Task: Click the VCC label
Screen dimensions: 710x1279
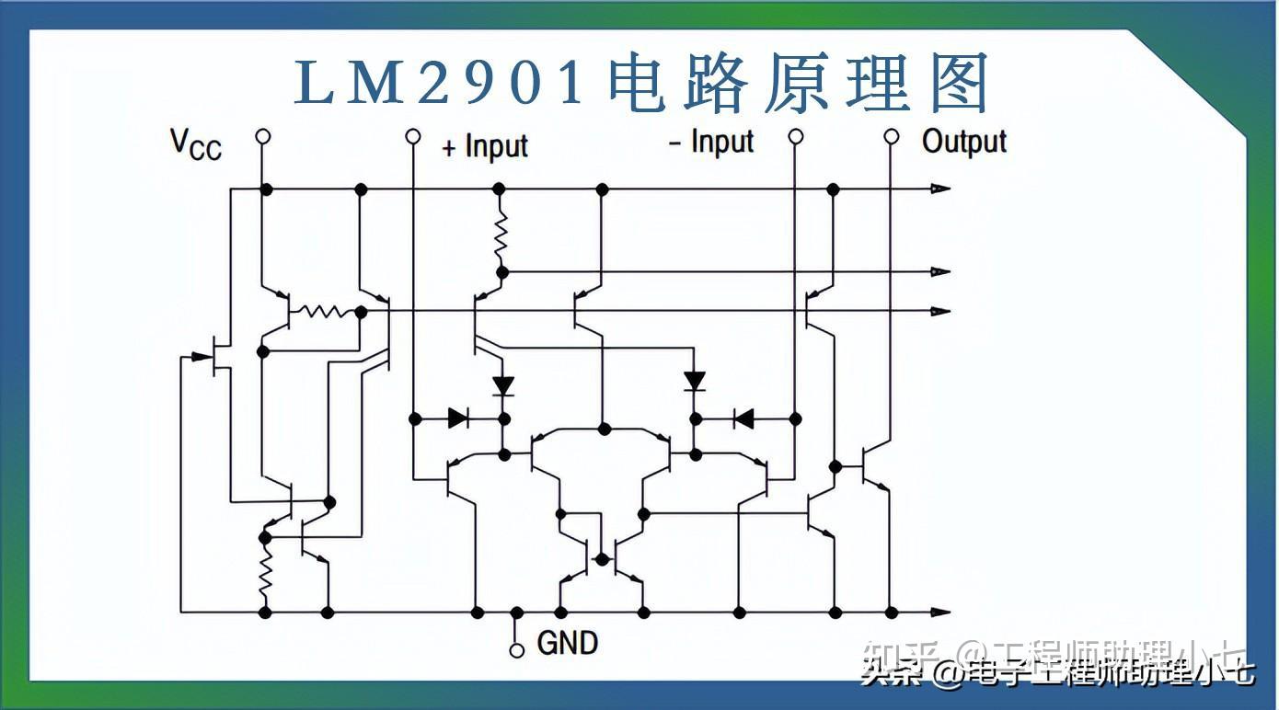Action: [x=196, y=144]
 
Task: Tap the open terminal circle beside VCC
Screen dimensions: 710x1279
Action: [x=263, y=137]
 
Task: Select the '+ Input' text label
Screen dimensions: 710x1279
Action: [x=485, y=146]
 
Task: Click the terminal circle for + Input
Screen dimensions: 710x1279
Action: [x=414, y=137]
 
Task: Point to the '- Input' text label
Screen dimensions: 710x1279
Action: [x=710, y=143]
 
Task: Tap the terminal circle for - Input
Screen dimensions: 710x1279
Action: [x=796, y=137]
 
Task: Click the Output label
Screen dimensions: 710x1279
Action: [x=964, y=142]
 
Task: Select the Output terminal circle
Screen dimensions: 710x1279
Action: [x=891, y=137]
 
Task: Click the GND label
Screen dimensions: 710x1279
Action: [x=567, y=642]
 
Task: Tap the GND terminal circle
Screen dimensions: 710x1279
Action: [x=517, y=649]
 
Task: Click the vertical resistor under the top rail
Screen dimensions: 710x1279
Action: [x=501, y=235]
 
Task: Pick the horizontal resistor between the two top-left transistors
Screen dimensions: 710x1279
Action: [x=323, y=312]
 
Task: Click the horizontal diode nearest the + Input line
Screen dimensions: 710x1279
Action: [x=459, y=419]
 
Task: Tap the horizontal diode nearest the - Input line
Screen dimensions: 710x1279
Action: [x=743, y=419]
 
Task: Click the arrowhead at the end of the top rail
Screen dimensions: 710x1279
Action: [x=939, y=189]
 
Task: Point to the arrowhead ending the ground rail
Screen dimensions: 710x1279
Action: [x=939, y=612]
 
